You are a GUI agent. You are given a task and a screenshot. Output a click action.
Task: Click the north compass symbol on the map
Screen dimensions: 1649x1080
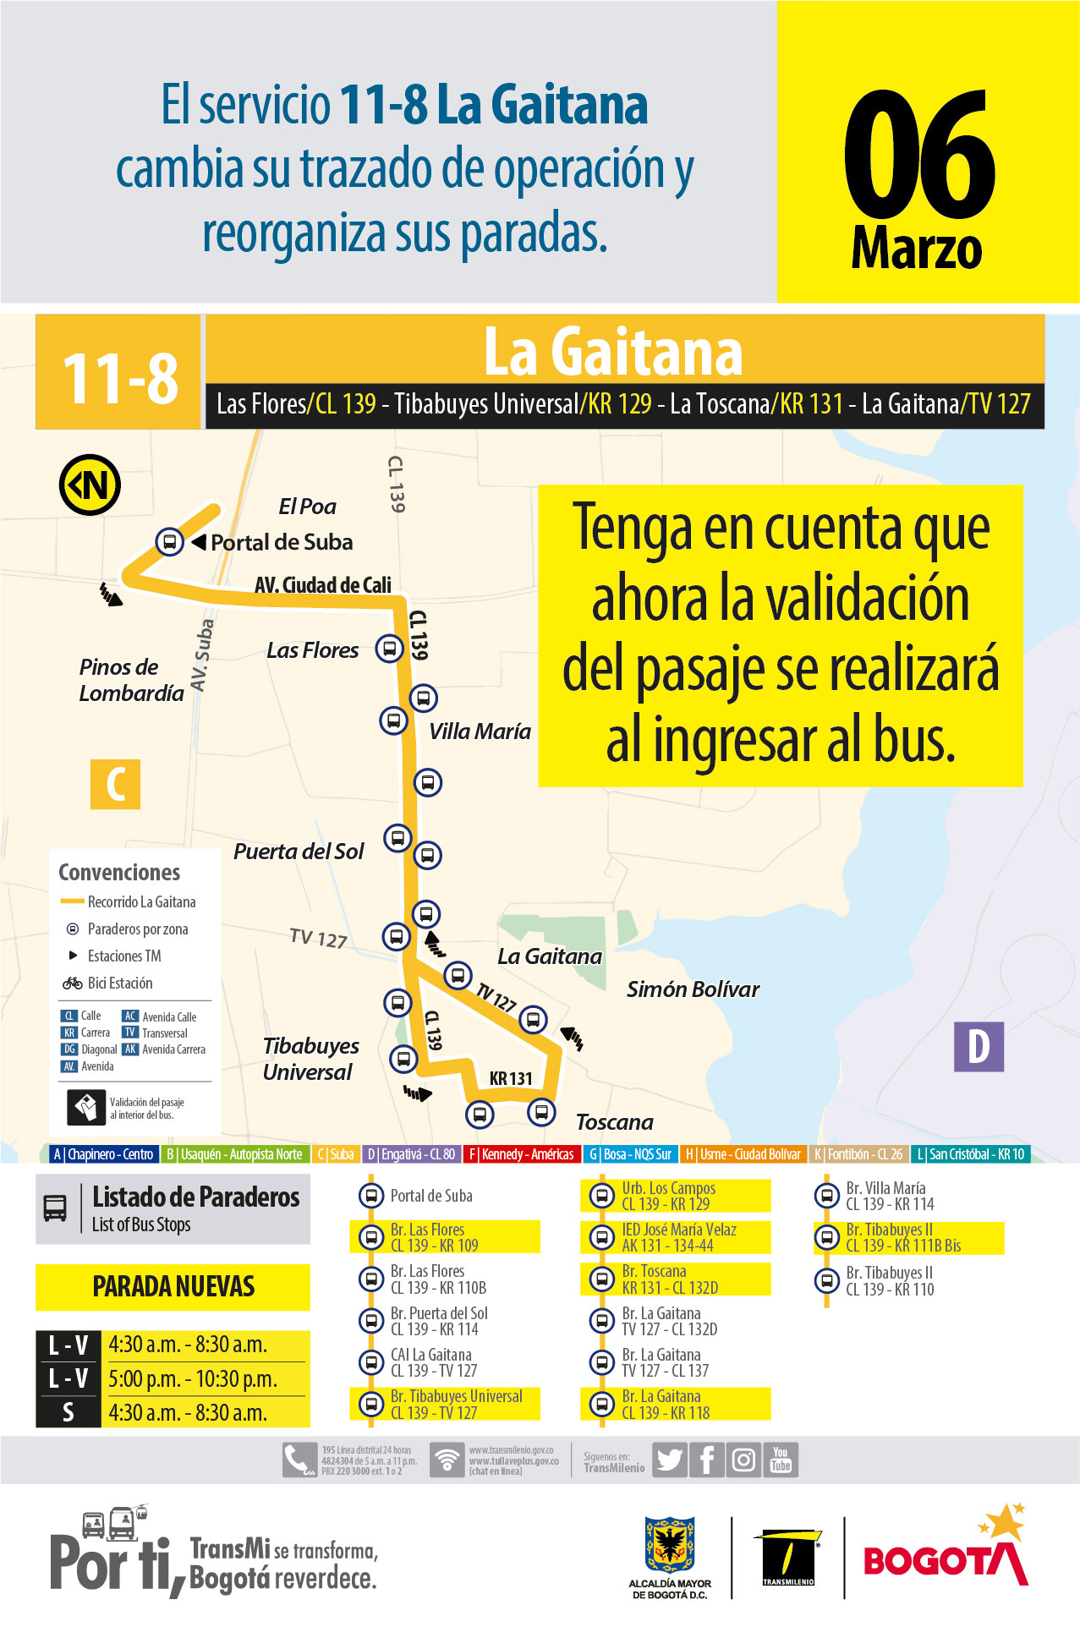[x=90, y=485]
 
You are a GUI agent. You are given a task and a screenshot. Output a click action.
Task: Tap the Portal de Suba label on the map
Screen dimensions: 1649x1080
[x=282, y=542]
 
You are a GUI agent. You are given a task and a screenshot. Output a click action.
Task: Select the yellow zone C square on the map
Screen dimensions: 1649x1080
[x=115, y=784]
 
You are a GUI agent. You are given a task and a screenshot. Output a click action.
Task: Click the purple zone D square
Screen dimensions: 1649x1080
[x=979, y=1046]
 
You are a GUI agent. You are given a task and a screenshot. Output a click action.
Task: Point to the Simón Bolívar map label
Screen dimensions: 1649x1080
[x=693, y=989]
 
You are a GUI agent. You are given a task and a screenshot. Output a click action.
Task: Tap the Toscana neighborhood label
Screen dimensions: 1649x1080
[x=614, y=1122]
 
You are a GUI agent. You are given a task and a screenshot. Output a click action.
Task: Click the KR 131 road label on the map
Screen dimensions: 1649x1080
[x=511, y=1078]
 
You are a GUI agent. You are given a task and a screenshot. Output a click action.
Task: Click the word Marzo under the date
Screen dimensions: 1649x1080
[x=917, y=249]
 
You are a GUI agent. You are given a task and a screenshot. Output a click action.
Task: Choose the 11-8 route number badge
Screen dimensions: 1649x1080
[x=119, y=376]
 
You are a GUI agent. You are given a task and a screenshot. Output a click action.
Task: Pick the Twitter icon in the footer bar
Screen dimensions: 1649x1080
[x=669, y=1460]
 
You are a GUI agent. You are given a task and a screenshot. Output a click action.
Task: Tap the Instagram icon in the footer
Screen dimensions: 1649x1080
[x=743, y=1460]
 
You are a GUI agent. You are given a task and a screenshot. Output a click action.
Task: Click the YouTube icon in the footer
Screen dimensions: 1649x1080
[x=781, y=1460]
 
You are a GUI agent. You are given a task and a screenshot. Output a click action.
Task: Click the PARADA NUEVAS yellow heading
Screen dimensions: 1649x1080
[x=173, y=1286]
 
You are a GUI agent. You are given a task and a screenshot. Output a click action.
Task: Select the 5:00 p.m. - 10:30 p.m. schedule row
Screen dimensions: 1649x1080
[x=192, y=1378]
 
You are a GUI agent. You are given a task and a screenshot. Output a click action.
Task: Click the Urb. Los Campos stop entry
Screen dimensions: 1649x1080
[x=668, y=1196]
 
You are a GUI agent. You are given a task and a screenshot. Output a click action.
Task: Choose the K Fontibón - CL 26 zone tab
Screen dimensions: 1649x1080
[x=858, y=1154]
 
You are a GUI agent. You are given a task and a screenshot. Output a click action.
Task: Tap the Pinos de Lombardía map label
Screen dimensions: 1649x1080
[x=131, y=680]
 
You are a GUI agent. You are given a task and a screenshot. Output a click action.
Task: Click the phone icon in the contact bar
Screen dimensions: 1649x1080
[x=299, y=1460]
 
